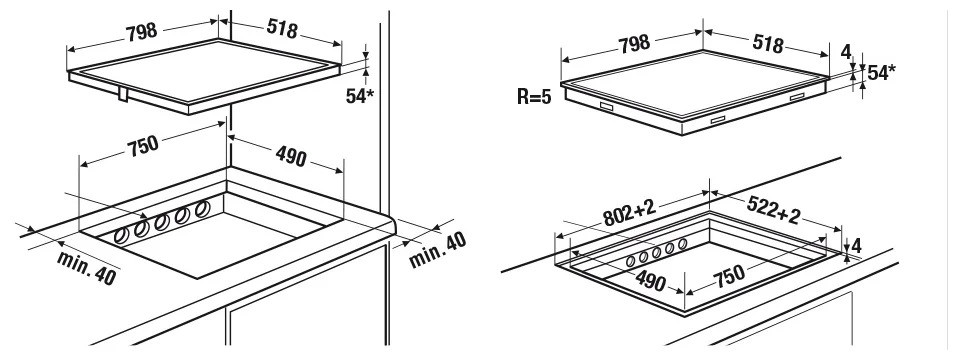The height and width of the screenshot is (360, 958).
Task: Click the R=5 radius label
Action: tap(534, 97)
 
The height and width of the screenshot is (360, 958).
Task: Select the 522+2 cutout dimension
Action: tap(773, 212)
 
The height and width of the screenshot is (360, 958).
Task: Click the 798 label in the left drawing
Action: tap(142, 31)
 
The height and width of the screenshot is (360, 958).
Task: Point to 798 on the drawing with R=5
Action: tap(634, 44)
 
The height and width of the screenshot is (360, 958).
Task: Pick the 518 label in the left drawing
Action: tap(282, 28)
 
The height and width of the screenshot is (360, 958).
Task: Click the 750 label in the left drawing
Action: tap(143, 146)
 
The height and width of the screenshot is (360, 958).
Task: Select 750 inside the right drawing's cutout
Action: tap(728, 274)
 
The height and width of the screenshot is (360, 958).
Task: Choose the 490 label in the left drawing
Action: tap(291, 156)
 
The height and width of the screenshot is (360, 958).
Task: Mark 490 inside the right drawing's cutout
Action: tap(651, 281)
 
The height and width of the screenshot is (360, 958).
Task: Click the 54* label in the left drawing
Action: tap(359, 95)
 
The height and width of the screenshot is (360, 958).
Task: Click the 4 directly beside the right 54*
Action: tap(846, 52)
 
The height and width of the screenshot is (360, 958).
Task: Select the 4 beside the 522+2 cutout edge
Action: tap(856, 246)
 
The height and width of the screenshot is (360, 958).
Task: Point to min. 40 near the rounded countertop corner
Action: tap(438, 249)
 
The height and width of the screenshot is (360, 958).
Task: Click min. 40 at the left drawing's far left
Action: tap(86, 268)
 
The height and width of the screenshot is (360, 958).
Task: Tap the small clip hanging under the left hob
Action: tap(123, 94)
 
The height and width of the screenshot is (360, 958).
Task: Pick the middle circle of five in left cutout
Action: tap(162, 222)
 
